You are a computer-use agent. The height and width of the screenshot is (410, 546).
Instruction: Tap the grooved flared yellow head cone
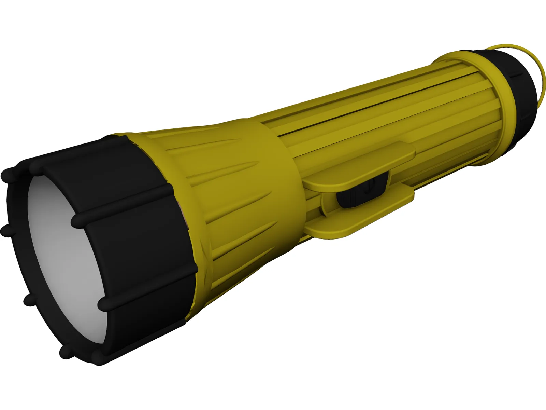[218, 191]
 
